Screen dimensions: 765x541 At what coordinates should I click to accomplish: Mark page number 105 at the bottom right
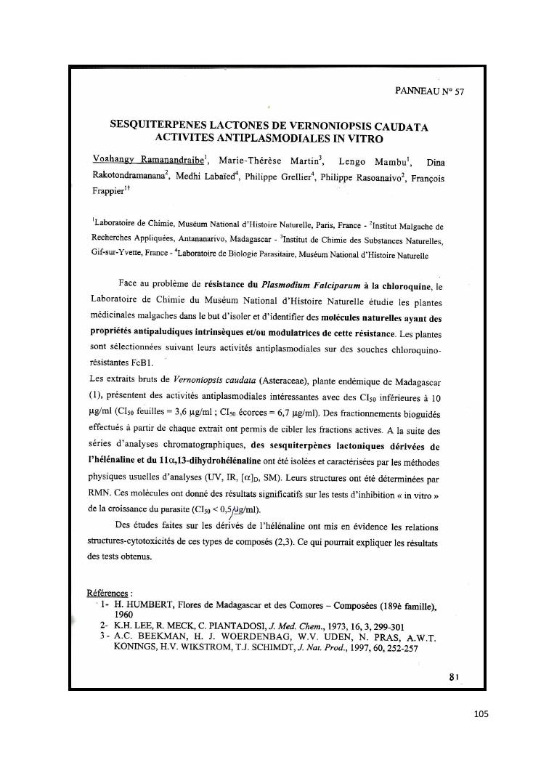(481, 713)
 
